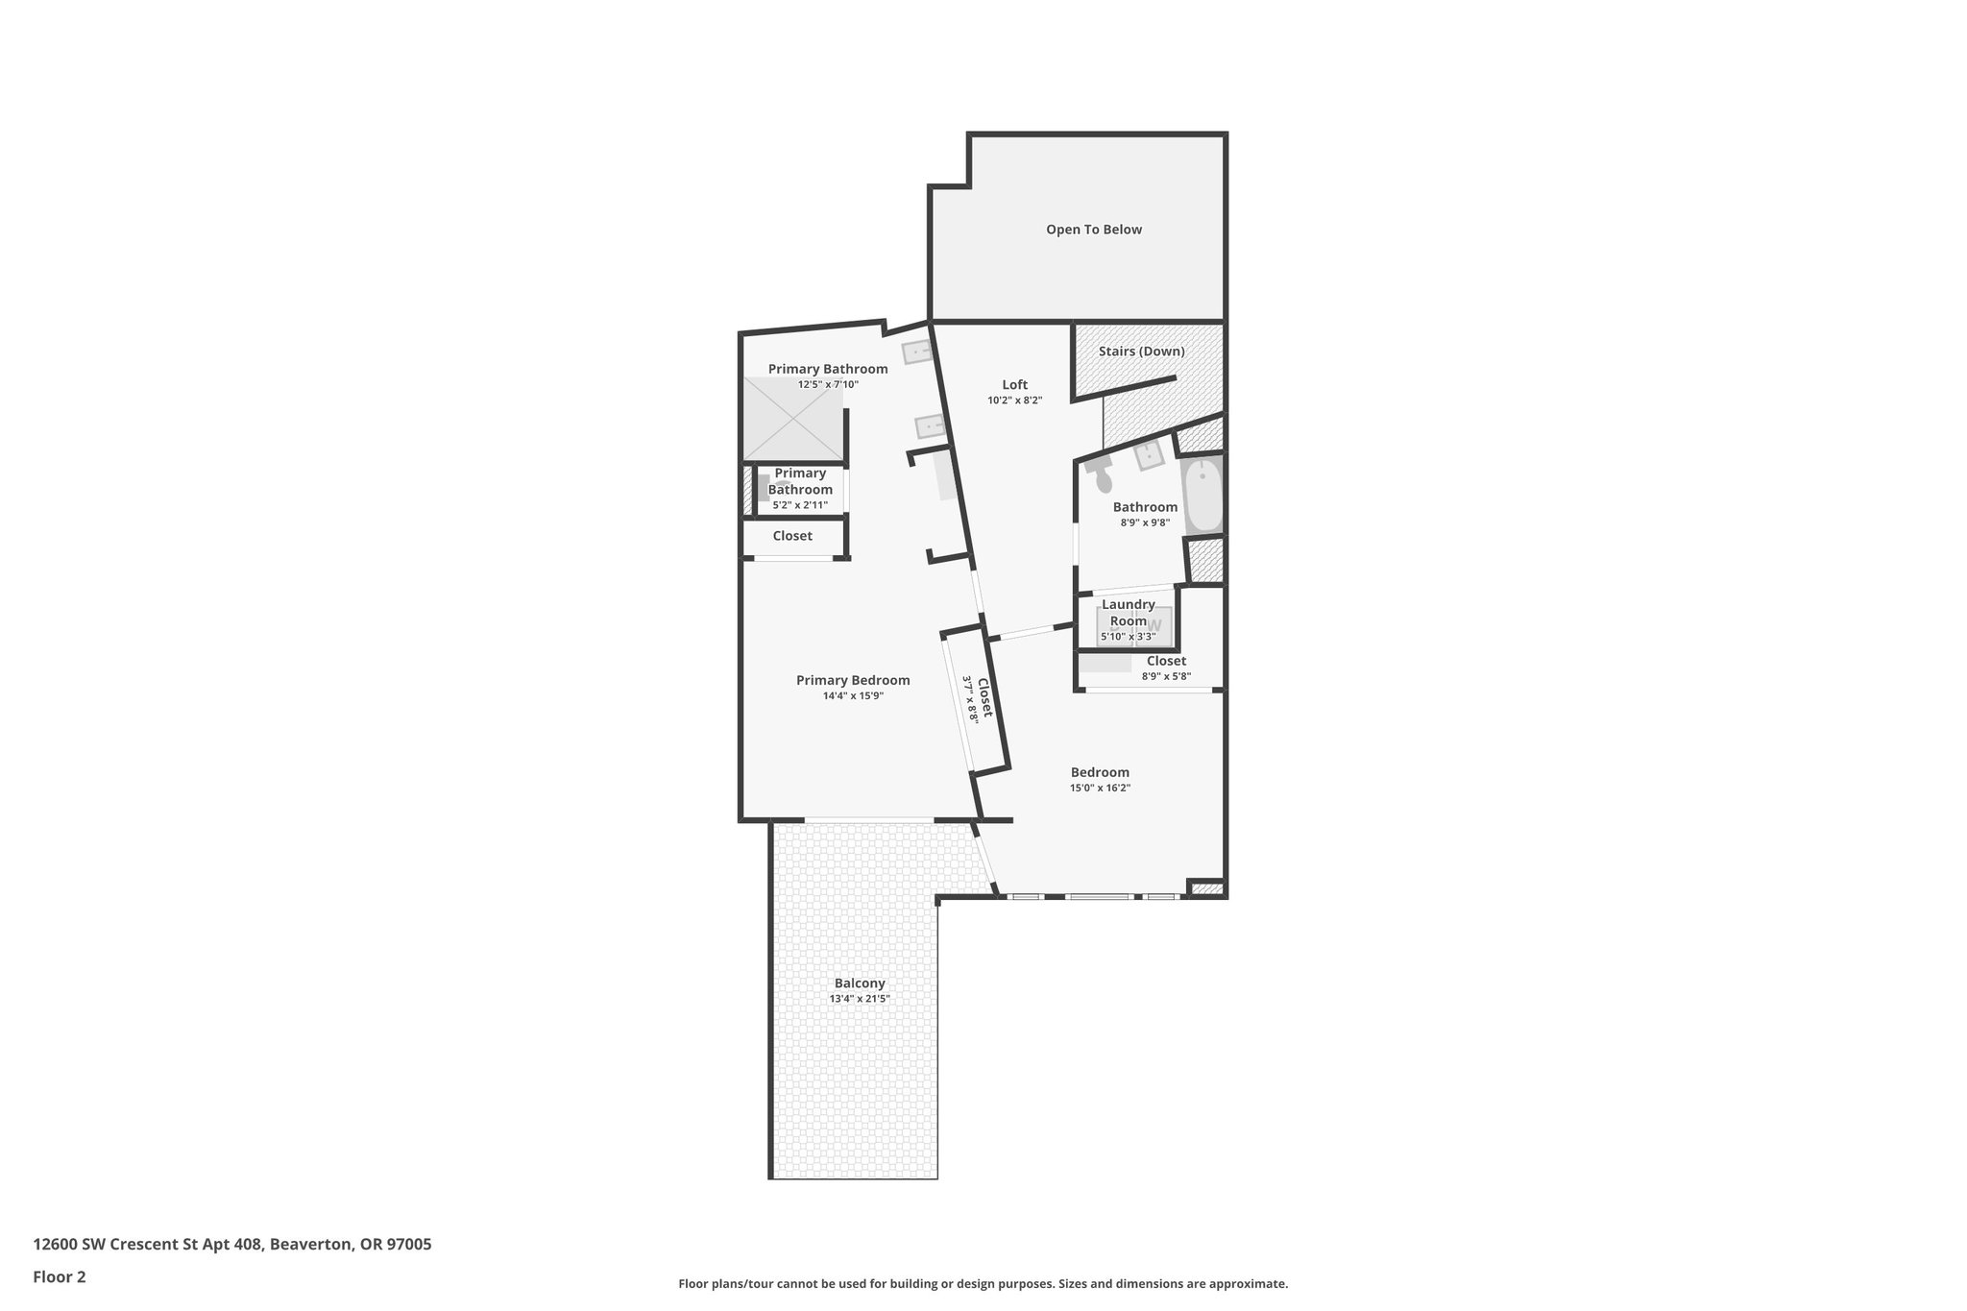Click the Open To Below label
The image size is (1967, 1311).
(1093, 230)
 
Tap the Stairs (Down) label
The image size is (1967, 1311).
(1141, 352)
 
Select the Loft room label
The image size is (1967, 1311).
(1014, 385)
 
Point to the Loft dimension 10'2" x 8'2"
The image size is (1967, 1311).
(1014, 401)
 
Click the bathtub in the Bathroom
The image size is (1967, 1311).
(1202, 497)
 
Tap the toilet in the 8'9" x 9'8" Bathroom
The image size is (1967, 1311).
(1102, 478)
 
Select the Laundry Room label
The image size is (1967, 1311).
(1129, 612)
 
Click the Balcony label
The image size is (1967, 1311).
(860, 983)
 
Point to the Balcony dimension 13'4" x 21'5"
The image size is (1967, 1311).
(860, 999)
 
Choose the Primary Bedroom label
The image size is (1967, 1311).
(853, 680)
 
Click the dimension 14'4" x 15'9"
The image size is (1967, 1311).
(853, 696)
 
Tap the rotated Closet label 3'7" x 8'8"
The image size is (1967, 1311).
(979, 697)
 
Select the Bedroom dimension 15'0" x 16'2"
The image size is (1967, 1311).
(1100, 788)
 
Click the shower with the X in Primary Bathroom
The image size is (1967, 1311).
(793, 418)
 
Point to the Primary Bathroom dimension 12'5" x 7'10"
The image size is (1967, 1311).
(828, 384)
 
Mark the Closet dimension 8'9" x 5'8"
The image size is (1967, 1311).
(1166, 676)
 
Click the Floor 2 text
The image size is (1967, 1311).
(60, 1276)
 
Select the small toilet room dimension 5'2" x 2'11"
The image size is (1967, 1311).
(800, 504)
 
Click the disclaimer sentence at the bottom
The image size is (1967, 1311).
(983, 1284)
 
